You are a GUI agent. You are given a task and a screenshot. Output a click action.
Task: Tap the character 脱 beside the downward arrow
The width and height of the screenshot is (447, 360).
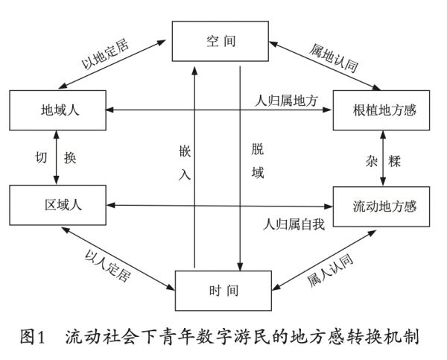tap(257, 149)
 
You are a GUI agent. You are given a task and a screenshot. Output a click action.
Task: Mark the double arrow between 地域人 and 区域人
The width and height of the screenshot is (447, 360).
tap(57, 157)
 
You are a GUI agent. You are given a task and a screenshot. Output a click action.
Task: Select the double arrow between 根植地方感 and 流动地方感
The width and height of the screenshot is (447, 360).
tap(384, 157)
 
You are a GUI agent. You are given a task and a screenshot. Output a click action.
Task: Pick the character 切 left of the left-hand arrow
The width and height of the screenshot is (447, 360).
tap(42, 158)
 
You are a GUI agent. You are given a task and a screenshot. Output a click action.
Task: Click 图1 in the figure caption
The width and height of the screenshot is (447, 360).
tap(35, 336)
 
